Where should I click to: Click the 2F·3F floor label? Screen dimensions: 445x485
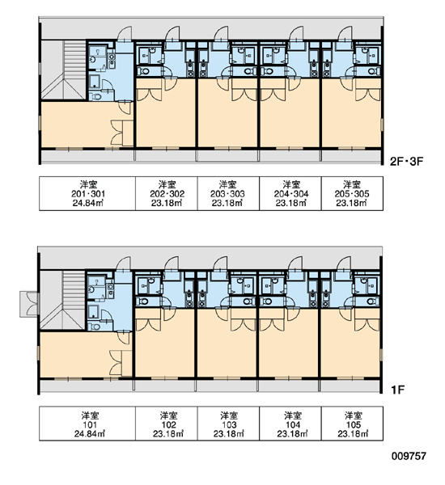(x=406, y=161)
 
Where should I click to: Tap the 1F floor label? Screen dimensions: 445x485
(x=398, y=390)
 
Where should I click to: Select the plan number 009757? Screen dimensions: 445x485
(x=409, y=456)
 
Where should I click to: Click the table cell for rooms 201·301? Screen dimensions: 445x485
(x=87, y=194)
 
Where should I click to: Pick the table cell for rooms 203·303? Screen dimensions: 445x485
(x=228, y=194)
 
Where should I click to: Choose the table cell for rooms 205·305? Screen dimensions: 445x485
(x=352, y=194)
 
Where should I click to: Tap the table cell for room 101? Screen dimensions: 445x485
(x=87, y=424)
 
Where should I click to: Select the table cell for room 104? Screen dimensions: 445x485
(x=290, y=424)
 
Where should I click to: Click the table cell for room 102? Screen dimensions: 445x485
(x=167, y=424)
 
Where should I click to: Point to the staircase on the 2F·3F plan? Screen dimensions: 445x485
(x=63, y=70)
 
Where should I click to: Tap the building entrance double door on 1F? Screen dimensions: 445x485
(x=30, y=304)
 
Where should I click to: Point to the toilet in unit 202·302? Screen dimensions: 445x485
(x=144, y=71)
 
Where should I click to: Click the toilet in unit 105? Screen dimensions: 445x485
(x=372, y=301)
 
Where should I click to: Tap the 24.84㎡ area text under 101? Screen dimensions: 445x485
(x=89, y=433)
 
